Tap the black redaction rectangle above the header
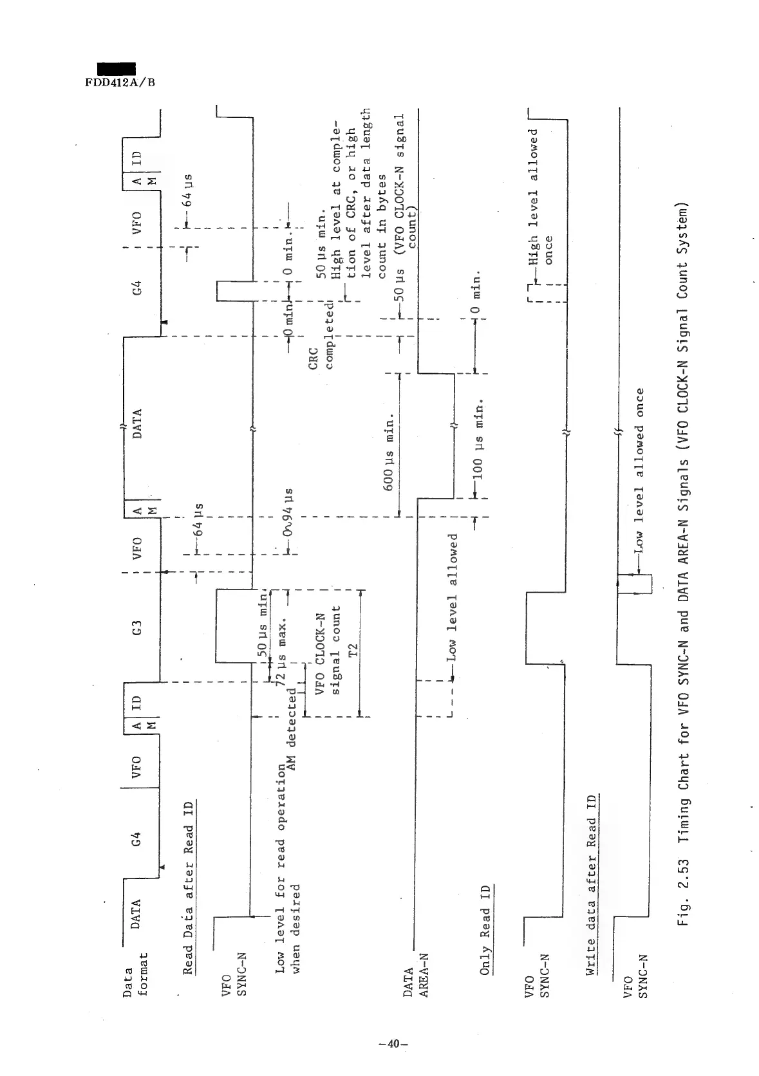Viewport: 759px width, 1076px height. point(117,69)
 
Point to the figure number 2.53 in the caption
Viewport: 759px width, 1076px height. point(685,878)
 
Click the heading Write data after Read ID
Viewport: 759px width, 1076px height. point(590,886)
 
